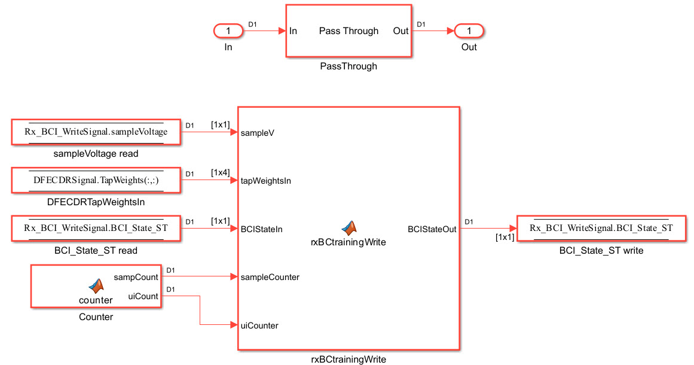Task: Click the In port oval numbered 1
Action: [x=228, y=31]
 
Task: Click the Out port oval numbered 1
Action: [x=469, y=31]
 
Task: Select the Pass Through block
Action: [x=348, y=31]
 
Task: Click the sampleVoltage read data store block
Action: [x=96, y=132]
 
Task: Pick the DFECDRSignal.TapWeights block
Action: [x=96, y=180]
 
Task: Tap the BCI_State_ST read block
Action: [x=96, y=228]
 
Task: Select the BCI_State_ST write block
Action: [x=601, y=228]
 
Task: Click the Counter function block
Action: [x=96, y=287]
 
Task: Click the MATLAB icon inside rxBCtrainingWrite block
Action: [x=348, y=227]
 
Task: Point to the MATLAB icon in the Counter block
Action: [x=96, y=285]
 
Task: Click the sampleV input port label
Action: [x=258, y=133]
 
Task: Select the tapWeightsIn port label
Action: [x=265, y=181]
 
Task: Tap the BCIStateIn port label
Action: [x=261, y=229]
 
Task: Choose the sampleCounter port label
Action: [x=270, y=277]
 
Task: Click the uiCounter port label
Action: [x=259, y=326]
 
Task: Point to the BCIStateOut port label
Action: [x=432, y=229]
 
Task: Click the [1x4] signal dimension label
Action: [x=220, y=172]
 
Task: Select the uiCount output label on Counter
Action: [x=143, y=296]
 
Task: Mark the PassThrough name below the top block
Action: [x=348, y=66]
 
